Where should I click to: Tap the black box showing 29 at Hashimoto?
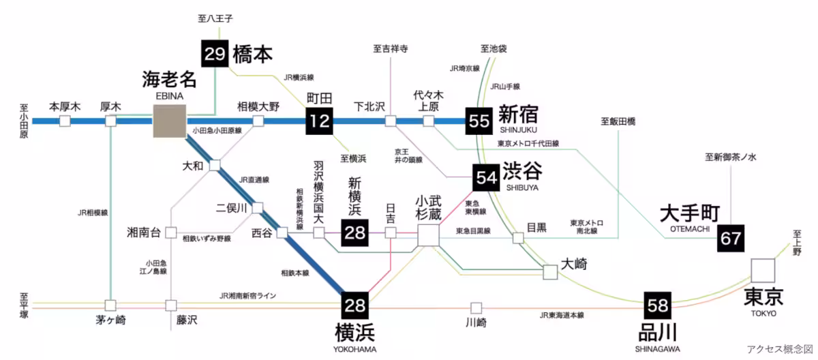click(215, 53)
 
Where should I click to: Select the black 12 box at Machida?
click(319, 121)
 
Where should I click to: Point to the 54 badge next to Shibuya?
click(487, 177)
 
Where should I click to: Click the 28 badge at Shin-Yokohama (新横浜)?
click(355, 233)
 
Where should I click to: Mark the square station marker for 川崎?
click(476, 307)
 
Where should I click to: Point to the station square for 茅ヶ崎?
click(110, 305)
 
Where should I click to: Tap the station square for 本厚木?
click(65, 121)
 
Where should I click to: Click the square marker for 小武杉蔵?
click(428, 234)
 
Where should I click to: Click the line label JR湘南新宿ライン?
click(247, 295)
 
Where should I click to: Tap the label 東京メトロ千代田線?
click(528, 144)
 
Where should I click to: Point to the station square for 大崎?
click(550, 272)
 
